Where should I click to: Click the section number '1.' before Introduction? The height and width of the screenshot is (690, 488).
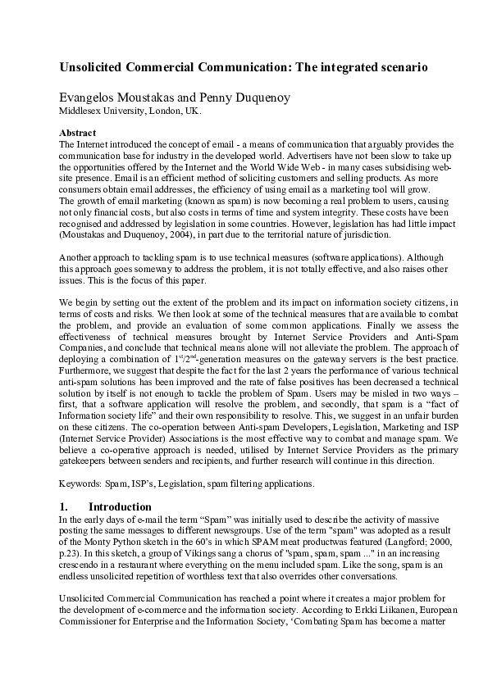65,507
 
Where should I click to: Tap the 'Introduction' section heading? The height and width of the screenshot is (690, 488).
120,507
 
